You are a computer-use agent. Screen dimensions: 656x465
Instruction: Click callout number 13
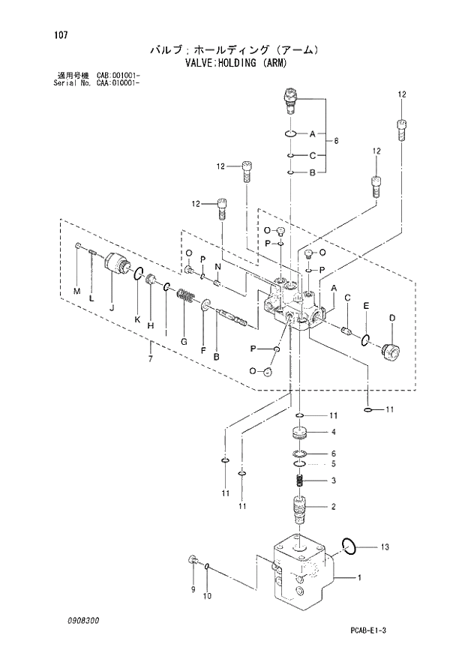click(384, 548)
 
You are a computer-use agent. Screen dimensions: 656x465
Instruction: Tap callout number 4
click(333, 432)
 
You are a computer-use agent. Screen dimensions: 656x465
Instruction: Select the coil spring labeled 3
click(299, 481)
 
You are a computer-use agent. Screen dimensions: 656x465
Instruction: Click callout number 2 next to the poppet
click(333, 507)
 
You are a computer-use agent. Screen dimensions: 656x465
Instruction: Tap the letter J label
click(110, 306)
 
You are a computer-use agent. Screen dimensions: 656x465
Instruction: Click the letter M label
click(76, 290)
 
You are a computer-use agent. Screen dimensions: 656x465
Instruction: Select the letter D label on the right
click(391, 318)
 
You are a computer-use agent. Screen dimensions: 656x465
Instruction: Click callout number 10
click(208, 596)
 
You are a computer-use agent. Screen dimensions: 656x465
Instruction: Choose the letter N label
click(217, 267)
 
